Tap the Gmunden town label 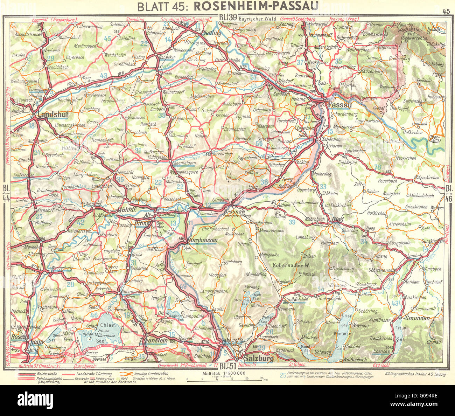click(417, 318)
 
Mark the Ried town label click(337, 220)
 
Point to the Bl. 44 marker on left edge click(5, 192)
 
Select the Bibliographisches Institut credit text click(415, 374)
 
